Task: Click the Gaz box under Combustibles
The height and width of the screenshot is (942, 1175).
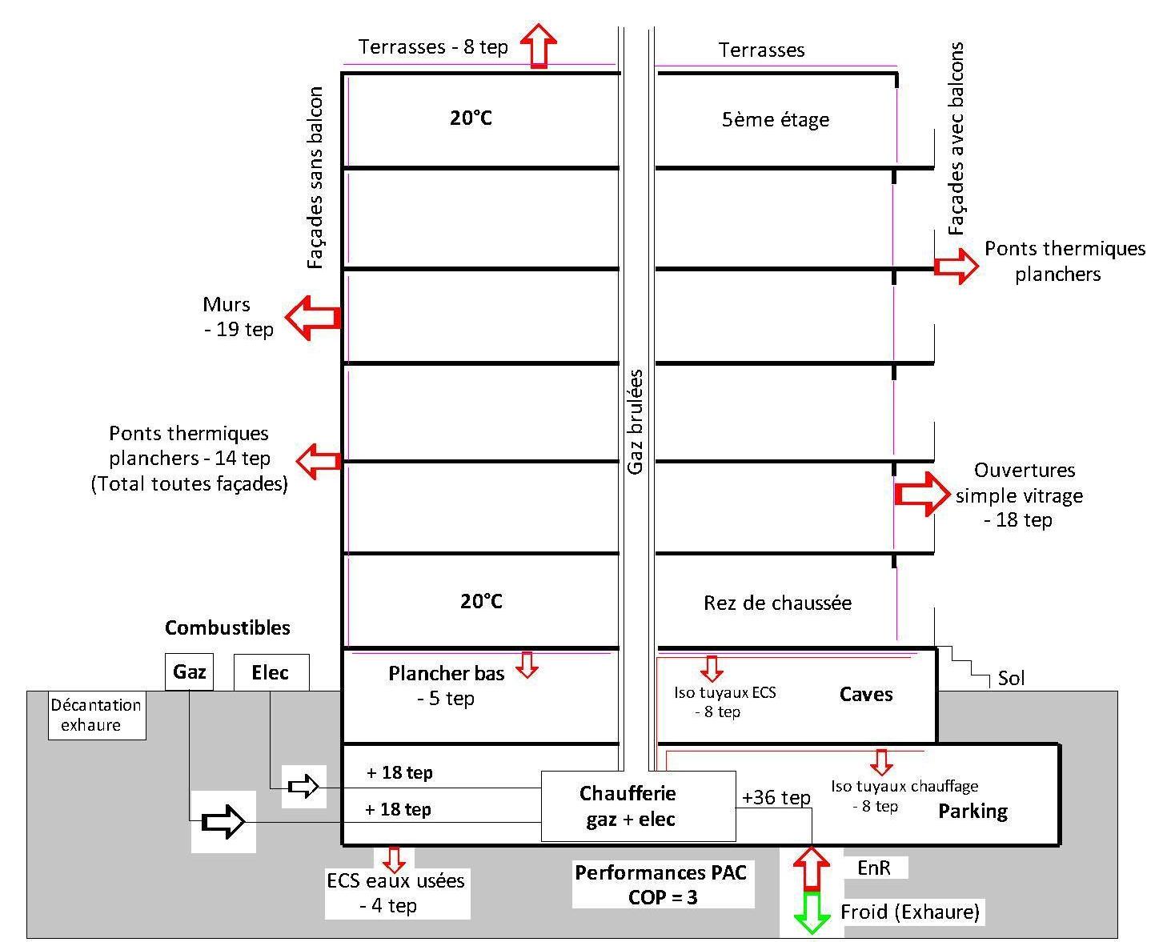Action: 190,672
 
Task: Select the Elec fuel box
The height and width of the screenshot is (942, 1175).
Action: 271,672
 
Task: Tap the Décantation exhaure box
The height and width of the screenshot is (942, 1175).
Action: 97,716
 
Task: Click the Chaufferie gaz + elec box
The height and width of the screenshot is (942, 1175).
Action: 638,806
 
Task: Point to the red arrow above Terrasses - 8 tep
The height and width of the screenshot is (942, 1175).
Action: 539,45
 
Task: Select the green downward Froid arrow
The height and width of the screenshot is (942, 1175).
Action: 812,912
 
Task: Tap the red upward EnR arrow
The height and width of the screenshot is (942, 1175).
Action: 812,868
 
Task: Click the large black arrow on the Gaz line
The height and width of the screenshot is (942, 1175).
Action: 223,821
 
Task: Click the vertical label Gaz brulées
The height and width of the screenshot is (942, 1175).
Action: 636,422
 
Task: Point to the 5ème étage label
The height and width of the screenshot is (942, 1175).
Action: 775,120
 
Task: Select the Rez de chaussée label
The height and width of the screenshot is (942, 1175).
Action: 777,603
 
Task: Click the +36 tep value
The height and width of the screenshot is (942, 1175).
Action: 776,798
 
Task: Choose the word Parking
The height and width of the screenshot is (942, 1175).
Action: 972,812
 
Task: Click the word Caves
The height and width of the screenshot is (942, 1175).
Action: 866,694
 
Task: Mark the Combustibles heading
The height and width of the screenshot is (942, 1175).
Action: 227,627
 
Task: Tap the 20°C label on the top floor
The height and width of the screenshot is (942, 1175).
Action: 471,118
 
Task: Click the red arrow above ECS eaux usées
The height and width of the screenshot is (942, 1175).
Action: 393,859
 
